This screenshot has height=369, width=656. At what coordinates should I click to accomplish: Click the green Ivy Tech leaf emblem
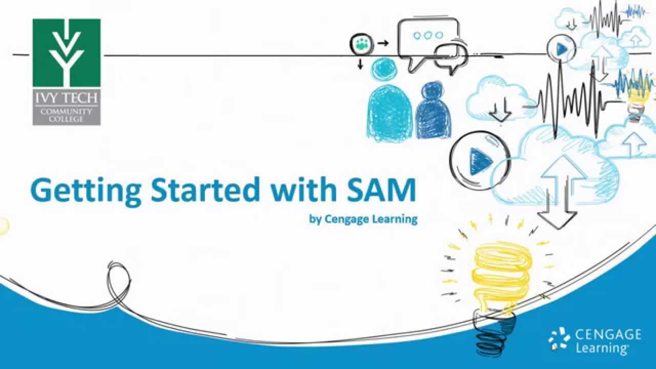[67, 53]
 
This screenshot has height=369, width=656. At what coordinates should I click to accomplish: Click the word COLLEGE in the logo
[67, 118]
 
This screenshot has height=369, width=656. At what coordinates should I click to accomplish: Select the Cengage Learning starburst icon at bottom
[559, 340]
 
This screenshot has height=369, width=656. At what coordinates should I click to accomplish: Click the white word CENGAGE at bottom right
[608, 335]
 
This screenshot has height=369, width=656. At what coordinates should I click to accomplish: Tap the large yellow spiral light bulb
[501, 274]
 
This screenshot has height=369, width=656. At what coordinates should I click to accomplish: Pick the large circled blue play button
[479, 160]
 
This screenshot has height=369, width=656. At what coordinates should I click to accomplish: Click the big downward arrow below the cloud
[558, 210]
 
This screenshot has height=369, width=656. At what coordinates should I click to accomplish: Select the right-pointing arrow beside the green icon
[383, 44]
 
